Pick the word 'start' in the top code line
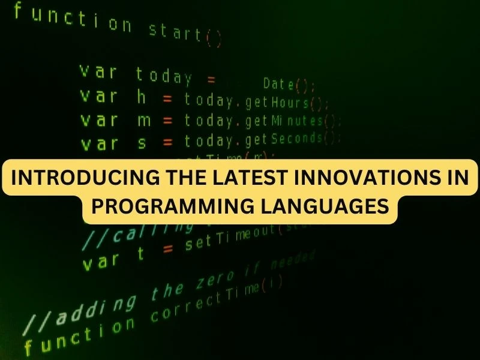175,31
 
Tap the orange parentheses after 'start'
214,39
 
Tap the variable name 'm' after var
144,120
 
